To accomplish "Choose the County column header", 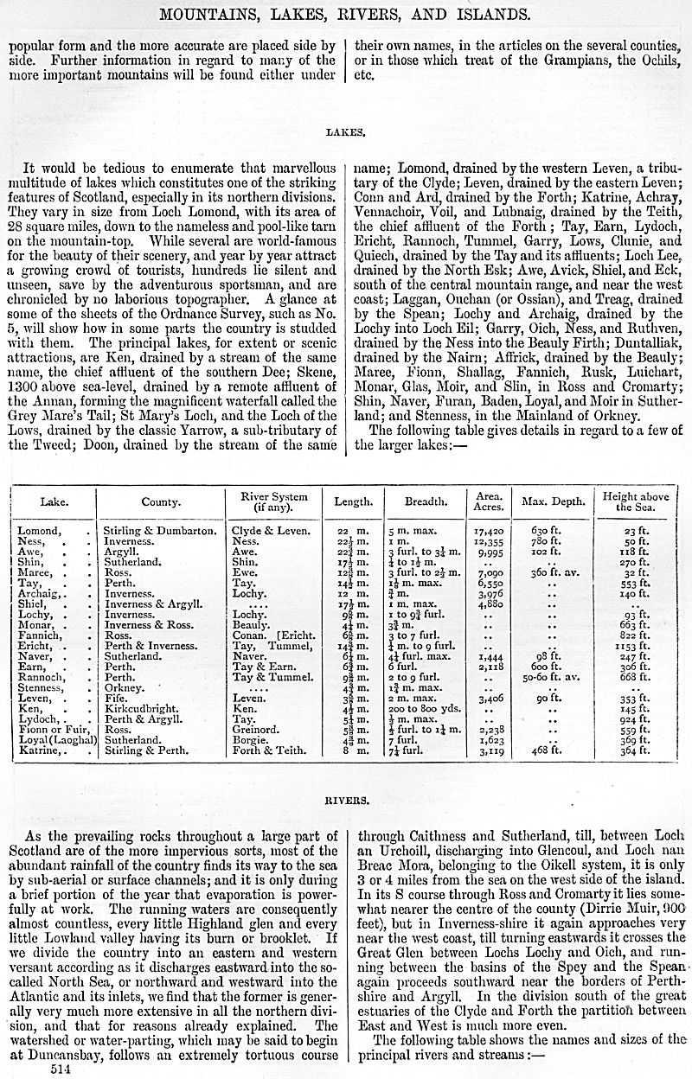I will (161, 501).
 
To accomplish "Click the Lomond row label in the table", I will (39, 530).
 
